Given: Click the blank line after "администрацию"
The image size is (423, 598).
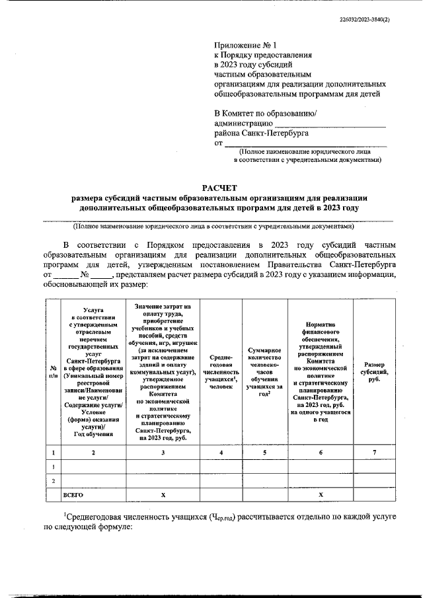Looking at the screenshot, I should tap(330, 123).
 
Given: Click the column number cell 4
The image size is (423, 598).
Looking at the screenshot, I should tap(221, 452).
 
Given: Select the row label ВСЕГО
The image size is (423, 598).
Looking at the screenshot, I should tap(73, 494).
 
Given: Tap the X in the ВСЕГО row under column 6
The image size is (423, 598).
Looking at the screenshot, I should tap(321, 494).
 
